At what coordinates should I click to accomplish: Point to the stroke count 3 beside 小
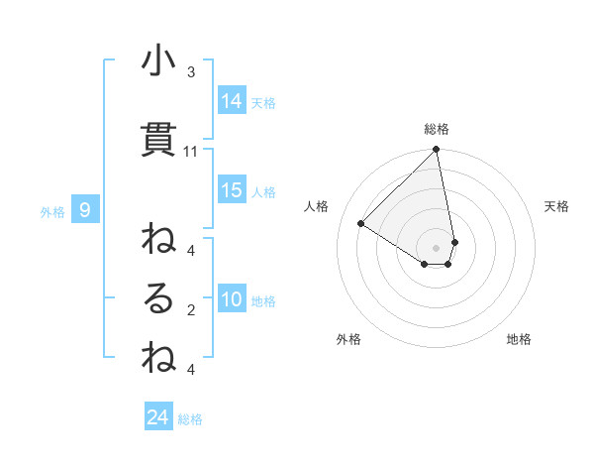(x=191, y=72)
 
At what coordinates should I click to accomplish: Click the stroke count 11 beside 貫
(x=191, y=152)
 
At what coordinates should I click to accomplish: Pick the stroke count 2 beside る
(x=191, y=310)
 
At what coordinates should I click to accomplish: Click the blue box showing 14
(x=232, y=101)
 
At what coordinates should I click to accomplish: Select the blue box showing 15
(x=232, y=190)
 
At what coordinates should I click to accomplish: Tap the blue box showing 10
(x=232, y=300)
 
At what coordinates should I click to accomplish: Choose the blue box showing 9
(x=85, y=210)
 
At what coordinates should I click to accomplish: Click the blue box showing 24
(x=157, y=417)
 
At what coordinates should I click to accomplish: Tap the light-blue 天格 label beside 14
(x=263, y=103)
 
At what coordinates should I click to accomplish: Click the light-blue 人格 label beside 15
(x=263, y=192)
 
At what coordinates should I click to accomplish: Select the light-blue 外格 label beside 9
(x=52, y=212)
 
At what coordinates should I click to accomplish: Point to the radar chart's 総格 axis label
(x=437, y=129)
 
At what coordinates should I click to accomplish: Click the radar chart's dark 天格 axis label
(x=557, y=206)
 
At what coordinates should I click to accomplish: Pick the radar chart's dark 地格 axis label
(x=519, y=340)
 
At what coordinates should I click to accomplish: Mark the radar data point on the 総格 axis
(x=437, y=151)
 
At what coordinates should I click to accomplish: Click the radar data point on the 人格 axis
(x=361, y=223)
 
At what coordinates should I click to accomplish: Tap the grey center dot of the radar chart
(x=437, y=247)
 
